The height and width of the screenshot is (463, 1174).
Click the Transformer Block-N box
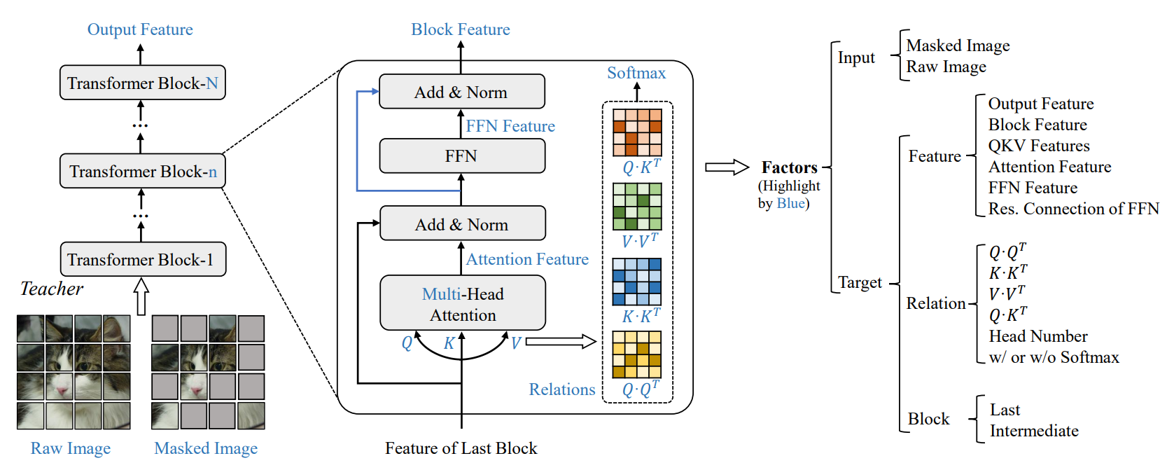tap(143, 83)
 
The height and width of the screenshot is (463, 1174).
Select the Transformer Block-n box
tap(143, 172)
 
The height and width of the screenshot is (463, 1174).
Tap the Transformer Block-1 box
tap(143, 260)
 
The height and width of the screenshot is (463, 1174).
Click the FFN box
tap(461, 156)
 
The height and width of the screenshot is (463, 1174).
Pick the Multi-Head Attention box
tap(462, 303)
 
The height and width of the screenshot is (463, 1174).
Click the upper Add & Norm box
tap(461, 92)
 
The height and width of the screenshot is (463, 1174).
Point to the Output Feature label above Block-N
tap(140, 29)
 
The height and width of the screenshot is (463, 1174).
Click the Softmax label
tap(636, 73)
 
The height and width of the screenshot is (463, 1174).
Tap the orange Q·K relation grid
tap(637, 132)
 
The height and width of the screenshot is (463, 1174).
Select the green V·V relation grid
tap(637, 207)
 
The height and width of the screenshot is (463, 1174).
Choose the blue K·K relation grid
tap(637, 282)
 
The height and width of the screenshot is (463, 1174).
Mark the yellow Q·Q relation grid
tap(637, 354)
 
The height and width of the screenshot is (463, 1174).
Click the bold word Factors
tap(790, 167)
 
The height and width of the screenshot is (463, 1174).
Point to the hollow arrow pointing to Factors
tap(726, 167)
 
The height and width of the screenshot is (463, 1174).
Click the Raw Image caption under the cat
tap(71, 448)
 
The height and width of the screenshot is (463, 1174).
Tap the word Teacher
tap(52, 289)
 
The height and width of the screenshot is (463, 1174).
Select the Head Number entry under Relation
tap(1037, 336)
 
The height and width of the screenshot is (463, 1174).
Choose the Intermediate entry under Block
tap(1034, 431)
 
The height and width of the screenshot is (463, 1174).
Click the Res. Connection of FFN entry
tap(1073, 209)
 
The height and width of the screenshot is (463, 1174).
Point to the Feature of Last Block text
tap(461, 448)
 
